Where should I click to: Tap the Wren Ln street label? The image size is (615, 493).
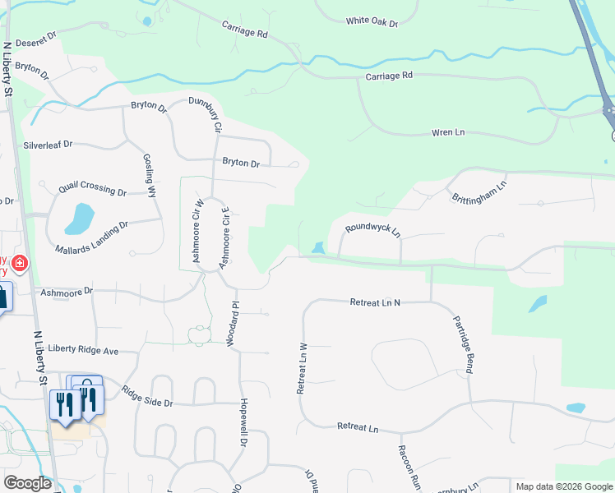click(x=448, y=132)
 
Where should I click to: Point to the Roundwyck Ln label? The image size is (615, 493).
click(x=372, y=228)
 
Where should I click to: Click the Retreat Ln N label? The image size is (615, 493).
click(x=374, y=302)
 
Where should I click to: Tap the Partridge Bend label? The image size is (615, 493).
click(x=460, y=344)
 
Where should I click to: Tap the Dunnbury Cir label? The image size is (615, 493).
click(x=206, y=114)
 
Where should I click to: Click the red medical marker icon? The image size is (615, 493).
click(x=19, y=265)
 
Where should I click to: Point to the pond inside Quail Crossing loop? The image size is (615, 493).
click(x=79, y=219)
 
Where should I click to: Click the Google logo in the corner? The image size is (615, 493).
click(x=27, y=483)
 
